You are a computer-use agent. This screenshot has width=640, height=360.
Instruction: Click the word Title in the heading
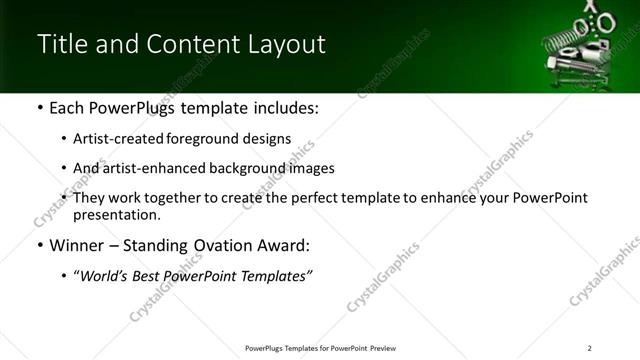(x=59, y=45)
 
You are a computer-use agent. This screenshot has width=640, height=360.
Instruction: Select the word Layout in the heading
(x=285, y=45)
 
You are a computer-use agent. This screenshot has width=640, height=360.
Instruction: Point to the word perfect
(x=306, y=198)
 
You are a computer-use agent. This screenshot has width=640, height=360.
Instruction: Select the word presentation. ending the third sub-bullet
(x=116, y=214)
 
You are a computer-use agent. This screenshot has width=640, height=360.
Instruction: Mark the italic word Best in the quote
(x=156, y=275)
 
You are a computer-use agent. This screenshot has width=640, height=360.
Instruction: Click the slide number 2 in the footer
(x=589, y=348)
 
